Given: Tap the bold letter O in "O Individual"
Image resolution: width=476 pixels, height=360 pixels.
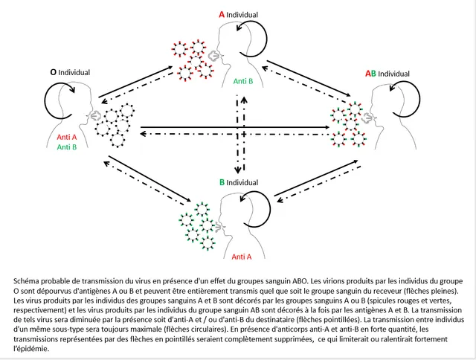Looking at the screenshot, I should [x=53, y=73].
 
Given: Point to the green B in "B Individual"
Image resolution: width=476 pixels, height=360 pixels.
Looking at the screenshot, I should [x=222, y=182].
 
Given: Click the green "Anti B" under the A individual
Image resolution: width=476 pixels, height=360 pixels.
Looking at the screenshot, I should [x=243, y=80].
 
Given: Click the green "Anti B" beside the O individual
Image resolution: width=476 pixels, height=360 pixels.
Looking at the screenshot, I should [x=67, y=147].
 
